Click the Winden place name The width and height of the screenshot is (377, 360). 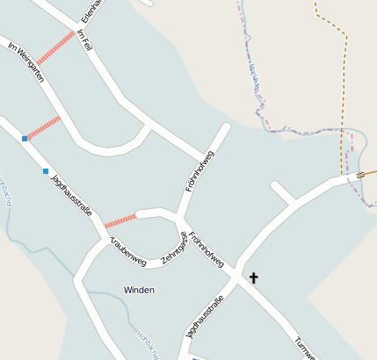[x=139, y=290]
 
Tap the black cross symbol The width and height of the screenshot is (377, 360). [x=254, y=278]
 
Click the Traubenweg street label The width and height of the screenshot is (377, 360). [x=127, y=251]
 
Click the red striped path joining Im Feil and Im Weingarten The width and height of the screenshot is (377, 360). [x=56, y=48]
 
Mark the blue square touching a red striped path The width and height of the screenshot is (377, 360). [x=25, y=138]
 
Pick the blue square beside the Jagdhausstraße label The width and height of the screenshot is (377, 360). [x=46, y=170]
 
